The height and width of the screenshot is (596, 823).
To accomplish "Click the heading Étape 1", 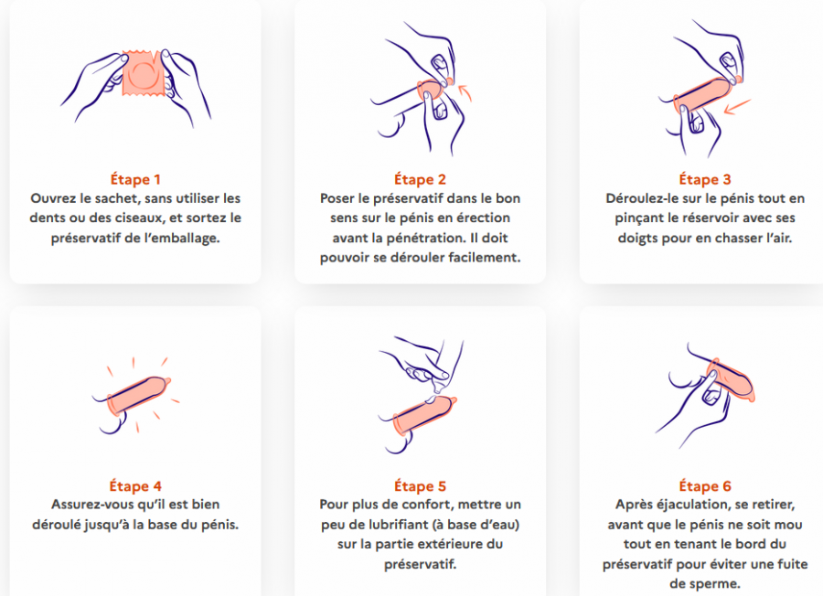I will (x=135, y=179).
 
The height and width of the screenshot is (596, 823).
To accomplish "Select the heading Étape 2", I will (x=421, y=179).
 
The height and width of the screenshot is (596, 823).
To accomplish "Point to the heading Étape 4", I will (x=135, y=486).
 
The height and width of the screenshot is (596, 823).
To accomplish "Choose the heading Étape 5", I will (x=421, y=486).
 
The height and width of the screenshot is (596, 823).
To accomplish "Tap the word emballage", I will (x=190, y=237).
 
